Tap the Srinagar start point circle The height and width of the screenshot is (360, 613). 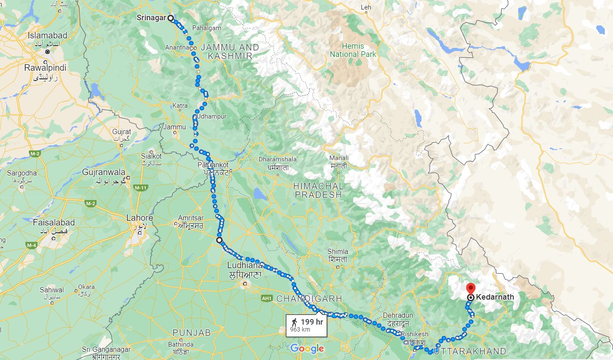(x=170, y=18)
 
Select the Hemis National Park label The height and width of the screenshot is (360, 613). (x=353, y=50)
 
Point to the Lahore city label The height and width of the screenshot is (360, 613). (x=139, y=218)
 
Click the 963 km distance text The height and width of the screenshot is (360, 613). (x=300, y=330)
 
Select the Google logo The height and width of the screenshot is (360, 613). (x=307, y=348)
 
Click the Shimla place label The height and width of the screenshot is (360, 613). (x=338, y=251)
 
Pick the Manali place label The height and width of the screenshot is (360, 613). (x=338, y=158)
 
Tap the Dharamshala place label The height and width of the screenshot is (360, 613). (x=278, y=159)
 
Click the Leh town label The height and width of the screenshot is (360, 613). (x=366, y=7)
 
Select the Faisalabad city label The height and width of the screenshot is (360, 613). (x=54, y=223)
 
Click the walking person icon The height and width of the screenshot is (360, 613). (x=294, y=322)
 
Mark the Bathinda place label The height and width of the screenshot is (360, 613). (x=181, y=344)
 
